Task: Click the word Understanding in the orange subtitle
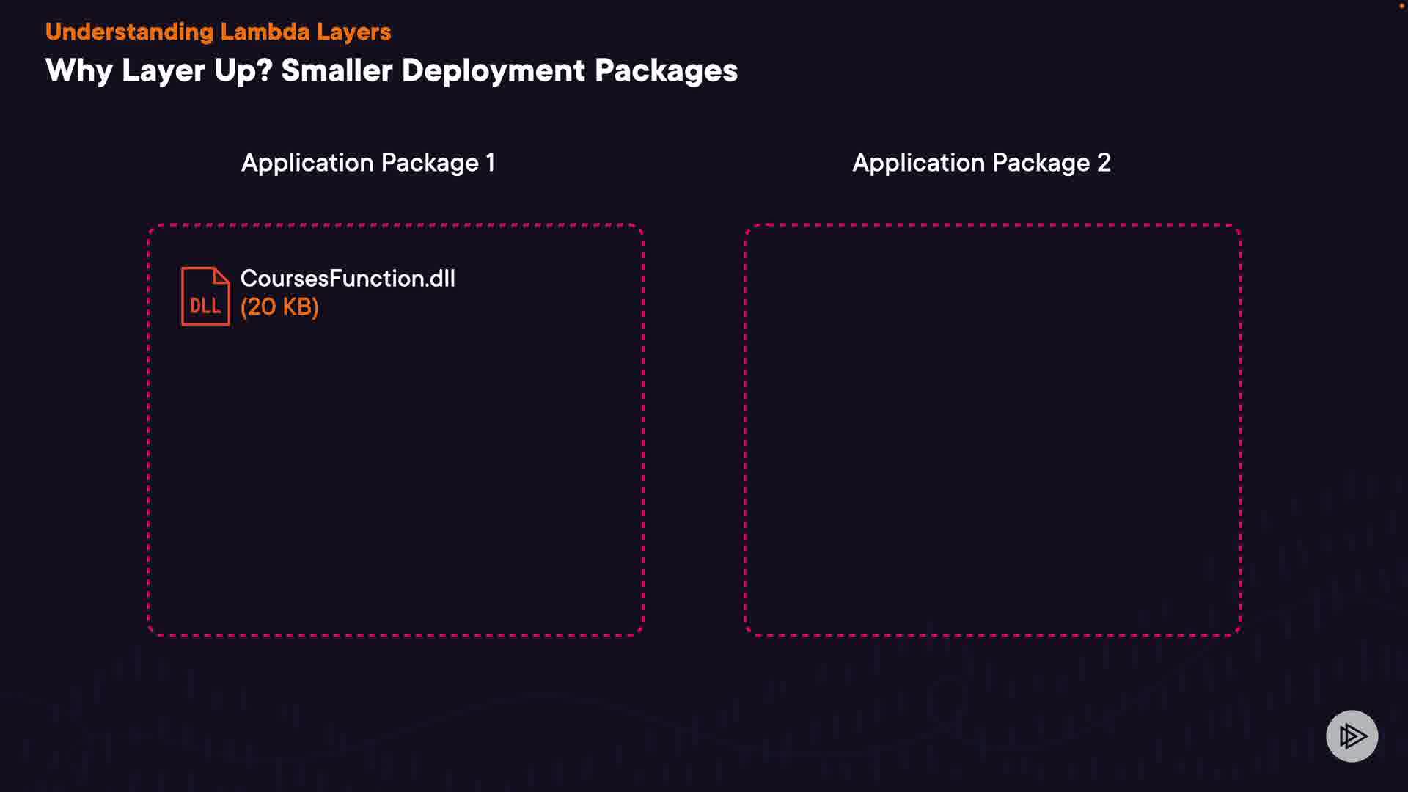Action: point(129,32)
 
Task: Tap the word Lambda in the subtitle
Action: point(265,32)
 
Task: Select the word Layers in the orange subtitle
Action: point(353,32)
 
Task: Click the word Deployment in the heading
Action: point(494,71)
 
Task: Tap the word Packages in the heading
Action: point(666,71)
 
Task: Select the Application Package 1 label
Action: point(368,163)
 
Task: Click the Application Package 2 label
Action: point(981,163)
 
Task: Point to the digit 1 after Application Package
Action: point(491,163)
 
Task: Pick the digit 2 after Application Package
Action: point(1104,163)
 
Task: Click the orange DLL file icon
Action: point(205,296)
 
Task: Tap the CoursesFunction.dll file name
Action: point(348,279)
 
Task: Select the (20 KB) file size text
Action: point(279,307)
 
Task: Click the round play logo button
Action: point(1352,736)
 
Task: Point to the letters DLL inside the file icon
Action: point(205,306)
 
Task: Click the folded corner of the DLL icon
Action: point(221,275)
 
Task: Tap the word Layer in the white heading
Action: point(163,71)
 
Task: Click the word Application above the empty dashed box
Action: point(918,163)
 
